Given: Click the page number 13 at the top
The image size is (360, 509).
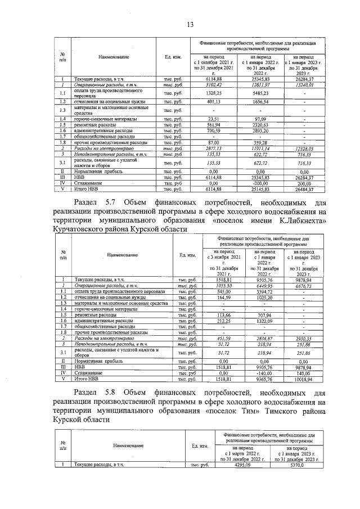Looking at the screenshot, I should click(190, 24).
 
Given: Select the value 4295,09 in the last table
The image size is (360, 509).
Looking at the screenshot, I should click(245, 465).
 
